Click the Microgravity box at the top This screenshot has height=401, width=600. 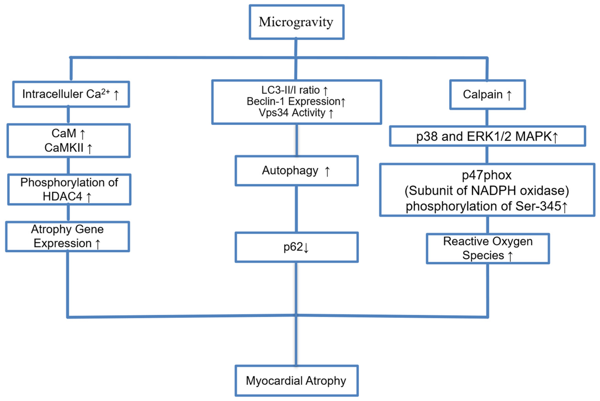(x=296, y=22)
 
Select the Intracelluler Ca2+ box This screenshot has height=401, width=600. (x=71, y=94)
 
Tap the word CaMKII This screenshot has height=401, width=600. (x=64, y=148)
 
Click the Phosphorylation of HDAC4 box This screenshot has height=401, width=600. (x=69, y=189)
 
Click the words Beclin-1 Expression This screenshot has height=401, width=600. (x=293, y=101)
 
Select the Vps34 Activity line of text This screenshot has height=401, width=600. (x=292, y=113)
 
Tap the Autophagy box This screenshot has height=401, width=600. (x=296, y=171)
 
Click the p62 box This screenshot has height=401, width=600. (x=296, y=247)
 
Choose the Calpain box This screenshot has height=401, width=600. (x=487, y=95)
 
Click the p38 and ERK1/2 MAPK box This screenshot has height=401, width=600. (x=487, y=136)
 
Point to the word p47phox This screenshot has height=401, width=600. (x=487, y=175)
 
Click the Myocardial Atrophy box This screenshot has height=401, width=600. (x=296, y=381)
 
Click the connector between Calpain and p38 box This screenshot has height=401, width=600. (x=487, y=118)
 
